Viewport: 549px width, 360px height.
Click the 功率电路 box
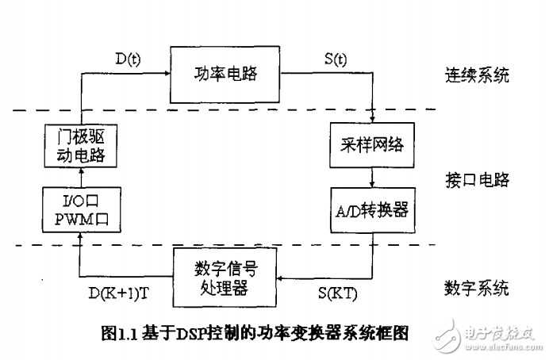click(x=226, y=75)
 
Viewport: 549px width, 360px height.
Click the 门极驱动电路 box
click(x=83, y=147)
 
